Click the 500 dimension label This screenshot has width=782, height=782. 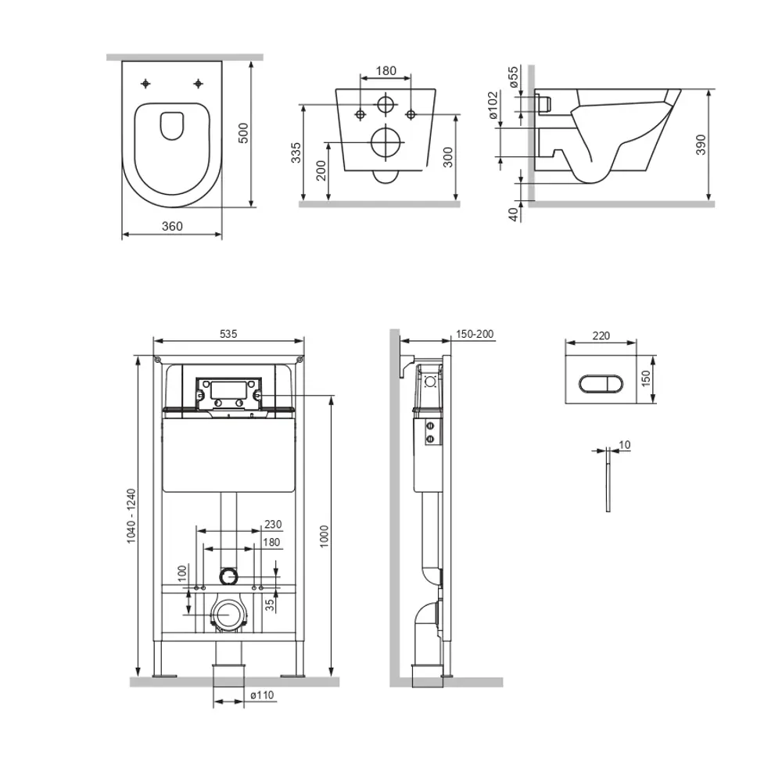(243, 133)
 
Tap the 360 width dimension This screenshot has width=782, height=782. (172, 226)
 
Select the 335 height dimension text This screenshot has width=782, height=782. (296, 152)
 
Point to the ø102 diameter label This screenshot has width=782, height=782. (493, 105)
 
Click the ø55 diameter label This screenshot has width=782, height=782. (513, 77)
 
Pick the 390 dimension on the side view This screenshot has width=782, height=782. (701, 145)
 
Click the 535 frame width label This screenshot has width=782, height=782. (228, 334)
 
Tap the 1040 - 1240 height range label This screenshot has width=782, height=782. (131, 515)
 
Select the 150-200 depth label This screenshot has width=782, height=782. (475, 334)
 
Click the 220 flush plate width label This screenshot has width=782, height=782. (601, 335)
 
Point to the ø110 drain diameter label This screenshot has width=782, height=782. (262, 694)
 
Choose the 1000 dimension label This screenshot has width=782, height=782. (325, 536)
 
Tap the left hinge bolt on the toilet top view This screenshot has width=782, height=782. (145, 84)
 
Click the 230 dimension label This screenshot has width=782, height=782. (273, 524)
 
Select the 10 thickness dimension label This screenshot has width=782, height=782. (624, 444)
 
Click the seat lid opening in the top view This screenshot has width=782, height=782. (172, 125)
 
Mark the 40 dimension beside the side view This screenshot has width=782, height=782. (513, 214)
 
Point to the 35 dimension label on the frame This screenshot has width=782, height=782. (269, 605)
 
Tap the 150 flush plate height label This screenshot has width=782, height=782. (646, 378)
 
